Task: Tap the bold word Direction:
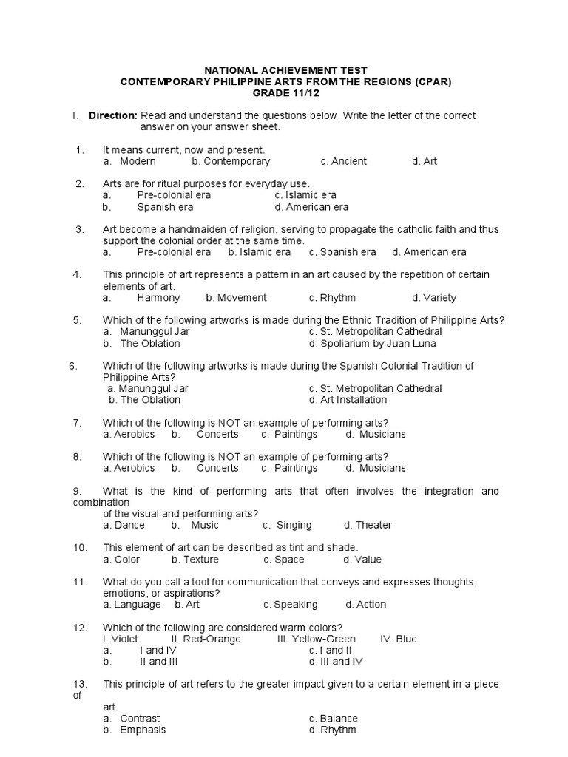pyautogui.click(x=112, y=115)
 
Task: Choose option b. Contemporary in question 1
pyautogui.click(x=231, y=161)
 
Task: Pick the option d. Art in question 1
pyautogui.click(x=425, y=161)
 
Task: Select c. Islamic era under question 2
pyautogui.click(x=305, y=195)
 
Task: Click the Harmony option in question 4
pyautogui.click(x=158, y=298)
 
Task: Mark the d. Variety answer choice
pyautogui.click(x=434, y=298)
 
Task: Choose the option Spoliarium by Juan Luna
pyautogui.click(x=373, y=343)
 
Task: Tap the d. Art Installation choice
pyautogui.click(x=348, y=400)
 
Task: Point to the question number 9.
pyautogui.click(x=77, y=491)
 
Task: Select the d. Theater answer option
pyautogui.click(x=368, y=525)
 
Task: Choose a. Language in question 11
pyautogui.click(x=132, y=605)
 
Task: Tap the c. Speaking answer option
pyautogui.click(x=291, y=605)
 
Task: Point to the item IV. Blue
pyautogui.click(x=398, y=639)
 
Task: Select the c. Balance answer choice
pyautogui.click(x=333, y=719)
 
